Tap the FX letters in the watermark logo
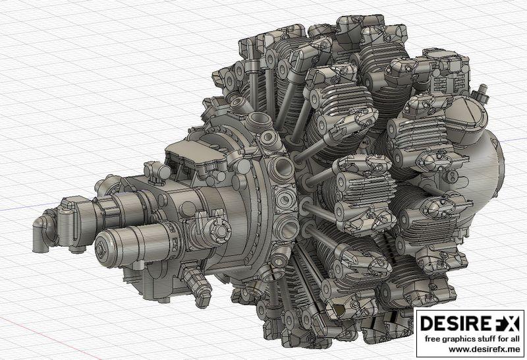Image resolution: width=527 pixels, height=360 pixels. tap(504, 324)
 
